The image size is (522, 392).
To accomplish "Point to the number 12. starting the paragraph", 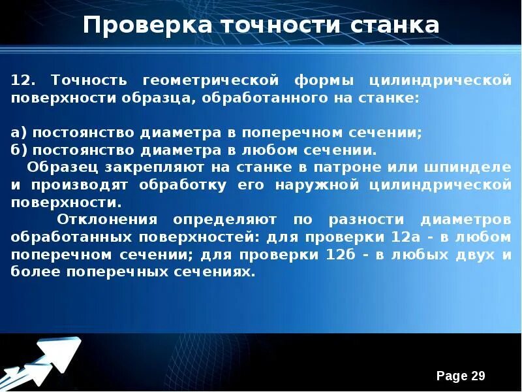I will [24, 80].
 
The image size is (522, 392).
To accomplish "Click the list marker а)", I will [19, 133].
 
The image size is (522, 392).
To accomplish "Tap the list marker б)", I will [19, 150].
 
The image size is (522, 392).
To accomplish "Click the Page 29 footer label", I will [461, 376].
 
